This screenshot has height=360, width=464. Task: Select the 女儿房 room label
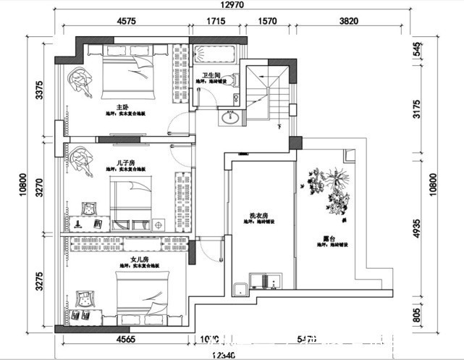139,258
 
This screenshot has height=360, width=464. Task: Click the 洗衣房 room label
259,216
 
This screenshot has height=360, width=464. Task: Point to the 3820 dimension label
350,22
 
